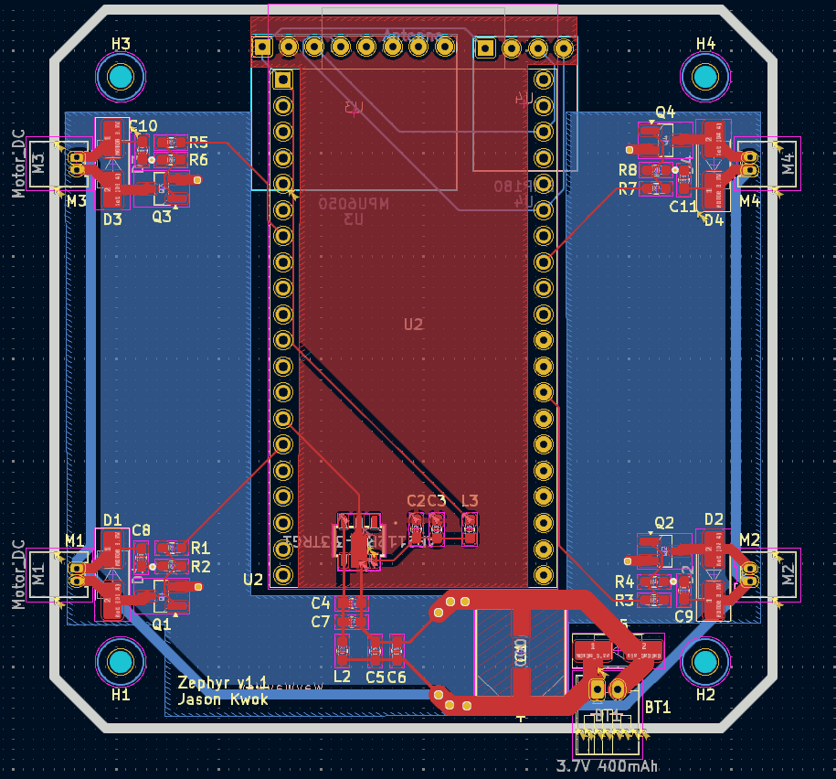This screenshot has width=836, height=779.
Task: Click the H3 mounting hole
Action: (121, 79)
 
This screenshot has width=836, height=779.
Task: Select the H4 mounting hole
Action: (704, 78)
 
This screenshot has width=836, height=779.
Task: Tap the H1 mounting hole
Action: (121, 661)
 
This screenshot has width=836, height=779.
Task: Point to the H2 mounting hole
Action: (704, 661)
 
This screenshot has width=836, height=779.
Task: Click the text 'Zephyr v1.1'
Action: (223, 683)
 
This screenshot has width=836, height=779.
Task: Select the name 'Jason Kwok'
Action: (223, 699)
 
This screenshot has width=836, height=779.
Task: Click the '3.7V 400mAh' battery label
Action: (607, 765)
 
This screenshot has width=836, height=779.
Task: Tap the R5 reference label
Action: (199, 142)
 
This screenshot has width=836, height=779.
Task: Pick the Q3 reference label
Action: (161, 217)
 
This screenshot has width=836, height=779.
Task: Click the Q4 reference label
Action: (665, 112)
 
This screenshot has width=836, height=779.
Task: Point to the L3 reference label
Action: (470, 500)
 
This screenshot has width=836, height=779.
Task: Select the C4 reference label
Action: (320, 603)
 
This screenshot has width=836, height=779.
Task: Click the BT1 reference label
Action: (658, 707)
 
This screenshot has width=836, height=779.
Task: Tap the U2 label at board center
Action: (413, 324)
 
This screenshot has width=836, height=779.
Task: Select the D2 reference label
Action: (714, 519)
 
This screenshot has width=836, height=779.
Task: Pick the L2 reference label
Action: (342, 677)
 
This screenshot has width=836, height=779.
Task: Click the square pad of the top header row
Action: (262, 46)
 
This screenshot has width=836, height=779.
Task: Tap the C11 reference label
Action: (683, 207)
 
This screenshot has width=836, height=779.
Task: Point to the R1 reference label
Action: (201, 548)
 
